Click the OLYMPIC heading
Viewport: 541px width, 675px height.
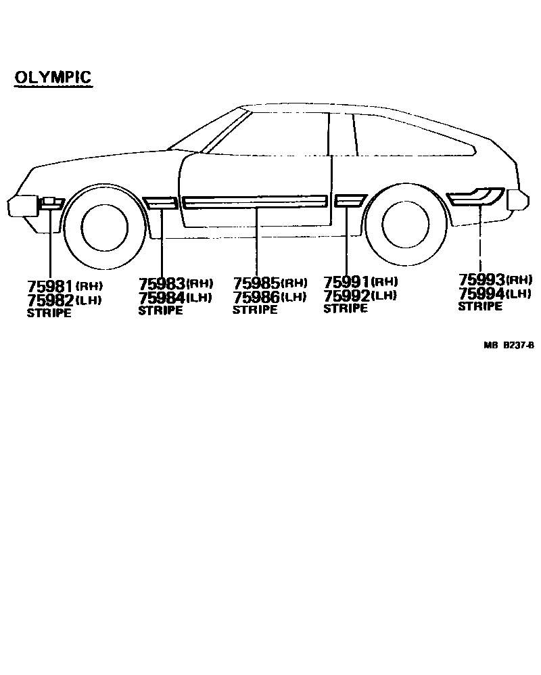coord(53,78)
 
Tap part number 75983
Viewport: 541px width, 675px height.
coord(162,283)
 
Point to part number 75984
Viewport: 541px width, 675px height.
coord(162,298)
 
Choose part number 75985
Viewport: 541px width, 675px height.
coord(256,283)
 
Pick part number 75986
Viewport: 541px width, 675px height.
coord(256,296)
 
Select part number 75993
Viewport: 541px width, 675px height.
coord(482,279)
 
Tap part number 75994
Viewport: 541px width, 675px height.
coord(482,293)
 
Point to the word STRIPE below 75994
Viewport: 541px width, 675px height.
coord(480,306)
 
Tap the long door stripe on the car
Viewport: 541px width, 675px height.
coord(255,202)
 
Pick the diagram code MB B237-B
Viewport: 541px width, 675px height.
coord(509,344)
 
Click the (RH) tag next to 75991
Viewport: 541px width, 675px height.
coord(385,281)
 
